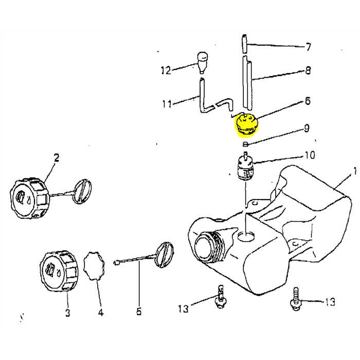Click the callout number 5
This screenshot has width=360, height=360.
pos(139,311)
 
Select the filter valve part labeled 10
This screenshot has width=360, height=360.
pos(245,169)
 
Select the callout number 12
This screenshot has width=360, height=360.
pos(165,71)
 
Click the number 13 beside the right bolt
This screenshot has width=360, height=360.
pos(330,302)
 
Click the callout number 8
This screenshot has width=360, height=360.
pos(308,70)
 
